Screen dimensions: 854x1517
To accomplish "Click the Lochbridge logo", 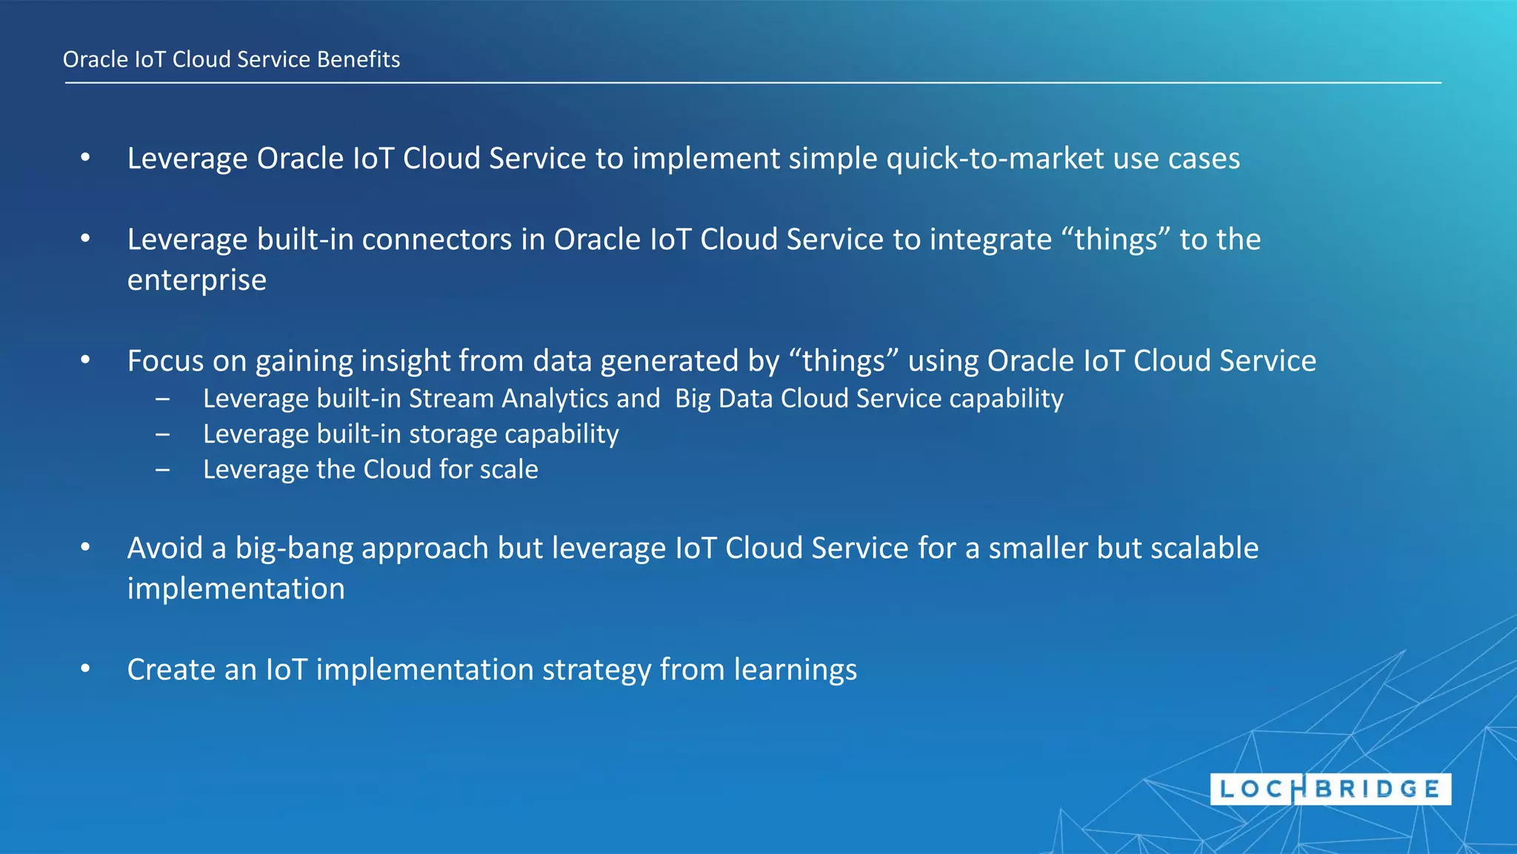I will pos(1330,789).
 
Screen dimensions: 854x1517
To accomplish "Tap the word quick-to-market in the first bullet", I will pos(994,159).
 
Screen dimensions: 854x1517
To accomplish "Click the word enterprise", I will pos(196,280).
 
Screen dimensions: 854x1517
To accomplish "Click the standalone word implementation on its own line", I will pos(236,589).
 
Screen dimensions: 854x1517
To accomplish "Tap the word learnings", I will pos(795,670).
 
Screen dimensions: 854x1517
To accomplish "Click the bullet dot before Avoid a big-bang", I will pos(85,548).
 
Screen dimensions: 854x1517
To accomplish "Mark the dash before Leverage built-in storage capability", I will pos(162,434).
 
